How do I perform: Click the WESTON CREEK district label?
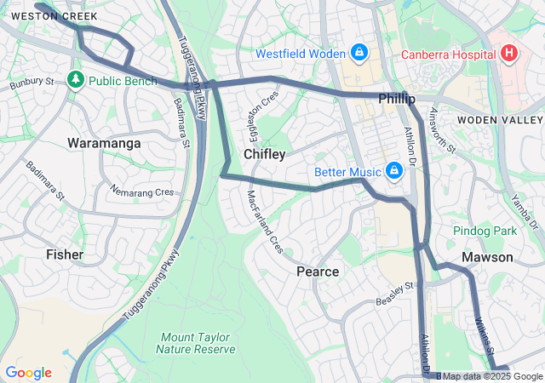54,16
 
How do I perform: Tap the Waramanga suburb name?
104,143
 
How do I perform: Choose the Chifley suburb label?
264,154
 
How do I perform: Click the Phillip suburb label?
396,99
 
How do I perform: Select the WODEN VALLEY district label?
500,120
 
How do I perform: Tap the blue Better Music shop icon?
393,172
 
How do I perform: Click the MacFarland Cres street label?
264,221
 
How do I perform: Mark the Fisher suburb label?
65,254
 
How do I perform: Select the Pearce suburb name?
318,272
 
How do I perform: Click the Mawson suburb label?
487,257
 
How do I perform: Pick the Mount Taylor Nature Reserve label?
196,342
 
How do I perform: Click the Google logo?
28,373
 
